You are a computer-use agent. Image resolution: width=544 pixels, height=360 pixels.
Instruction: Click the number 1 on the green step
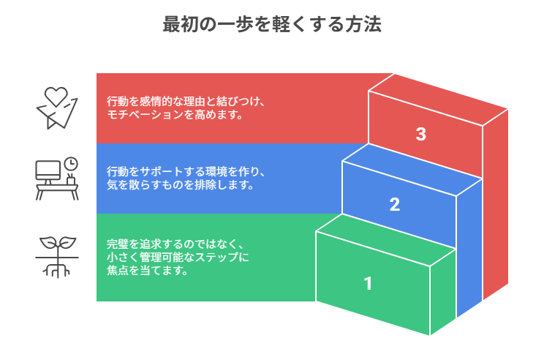click(x=368, y=283)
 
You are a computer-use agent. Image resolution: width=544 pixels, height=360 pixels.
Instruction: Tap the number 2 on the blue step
click(x=395, y=205)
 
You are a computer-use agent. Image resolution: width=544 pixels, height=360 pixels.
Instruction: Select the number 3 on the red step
click(x=420, y=135)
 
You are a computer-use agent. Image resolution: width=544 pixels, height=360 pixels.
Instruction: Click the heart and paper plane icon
click(x=57, y=108)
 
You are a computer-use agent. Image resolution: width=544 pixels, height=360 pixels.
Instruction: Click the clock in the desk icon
click(x=71, y=163)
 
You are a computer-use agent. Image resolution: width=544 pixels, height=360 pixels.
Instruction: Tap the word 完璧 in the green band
click(x=117, y=244)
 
